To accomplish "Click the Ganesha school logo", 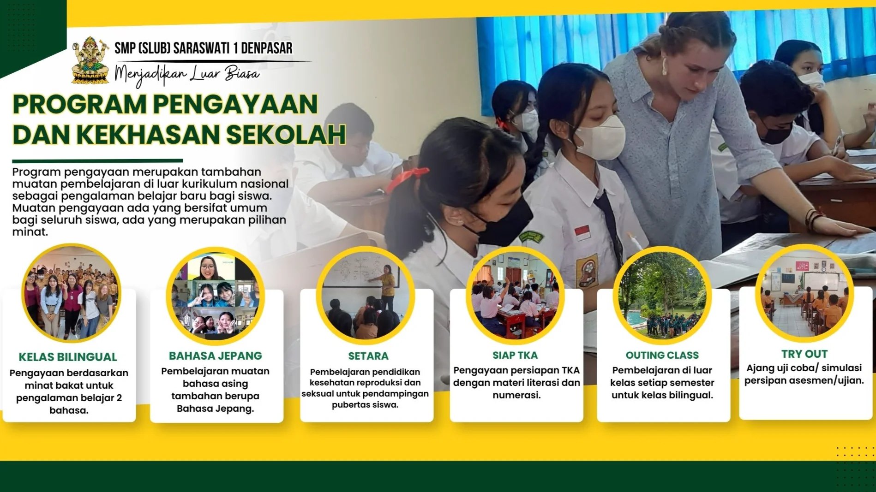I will [90, 60].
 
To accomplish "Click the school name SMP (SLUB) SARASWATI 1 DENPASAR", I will [203, 48].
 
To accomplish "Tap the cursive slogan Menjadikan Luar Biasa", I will [187, 74].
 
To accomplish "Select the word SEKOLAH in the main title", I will [286, 135].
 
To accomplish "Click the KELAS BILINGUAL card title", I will [68, 357].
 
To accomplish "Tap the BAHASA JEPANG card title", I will [215, 356].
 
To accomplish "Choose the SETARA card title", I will [368, 356].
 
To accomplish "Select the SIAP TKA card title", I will [515, 355].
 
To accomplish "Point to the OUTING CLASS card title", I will [662, 355].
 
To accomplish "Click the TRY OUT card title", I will [804, 354].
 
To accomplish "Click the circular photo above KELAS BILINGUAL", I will [71, 293].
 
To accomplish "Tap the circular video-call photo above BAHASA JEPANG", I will [215, 296].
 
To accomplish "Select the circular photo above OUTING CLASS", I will [662, 295].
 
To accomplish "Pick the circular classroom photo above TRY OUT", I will [804, 293].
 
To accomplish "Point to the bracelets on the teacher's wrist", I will [813, 217].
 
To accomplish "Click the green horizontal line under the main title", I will [97, 161].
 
